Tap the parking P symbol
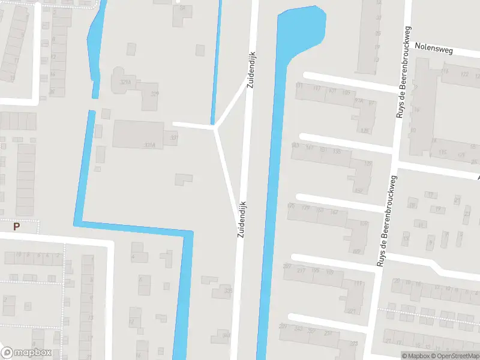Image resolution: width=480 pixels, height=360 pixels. pos(17,227)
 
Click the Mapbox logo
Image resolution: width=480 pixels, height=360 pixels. pos(27,353)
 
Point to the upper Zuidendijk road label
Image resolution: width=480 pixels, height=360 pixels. pos(250,69)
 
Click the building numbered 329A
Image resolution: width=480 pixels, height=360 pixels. pos(125,82)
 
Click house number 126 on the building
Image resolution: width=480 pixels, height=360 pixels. pos(365,130)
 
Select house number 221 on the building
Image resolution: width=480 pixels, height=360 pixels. pos(352,311)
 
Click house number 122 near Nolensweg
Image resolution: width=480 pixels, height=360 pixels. pos(464,74)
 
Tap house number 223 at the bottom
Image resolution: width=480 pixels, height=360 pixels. pos(354,344)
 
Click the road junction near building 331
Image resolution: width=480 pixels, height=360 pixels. pos(215,127)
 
